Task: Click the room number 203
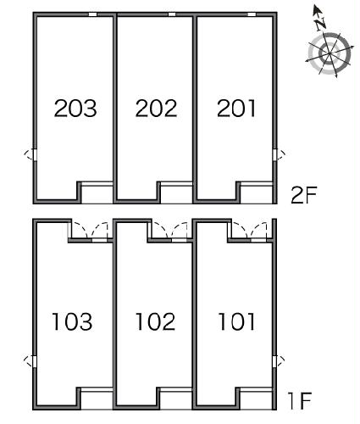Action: click(75, 109)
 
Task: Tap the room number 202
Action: click(156, 109)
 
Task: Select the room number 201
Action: click(236, 109)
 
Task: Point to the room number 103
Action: click(72, 321)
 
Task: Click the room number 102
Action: click(156, 321)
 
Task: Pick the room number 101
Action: click(236, 321)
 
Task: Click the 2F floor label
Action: click(304, 194)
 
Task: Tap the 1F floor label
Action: click(300, 400)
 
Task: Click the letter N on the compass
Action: click(320, 24)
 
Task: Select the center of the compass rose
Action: click(330, 53)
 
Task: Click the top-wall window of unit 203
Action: click(92, 14)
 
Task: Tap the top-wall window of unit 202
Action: click(172, 14)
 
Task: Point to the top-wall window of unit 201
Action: click(252, 14)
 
